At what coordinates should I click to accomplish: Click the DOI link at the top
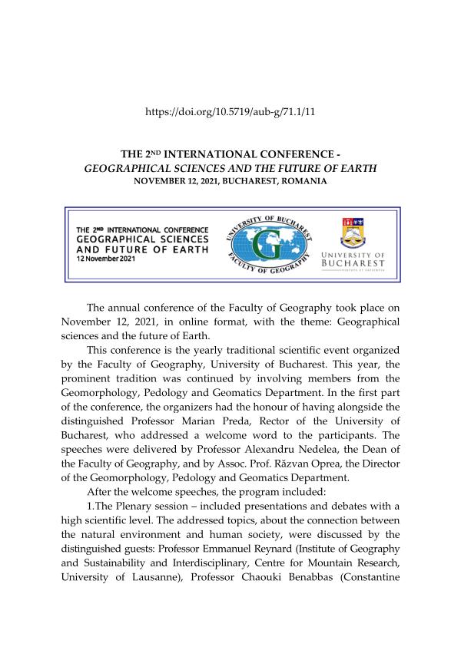coord(230,112)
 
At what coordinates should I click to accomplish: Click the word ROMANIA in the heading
coord(304,182)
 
